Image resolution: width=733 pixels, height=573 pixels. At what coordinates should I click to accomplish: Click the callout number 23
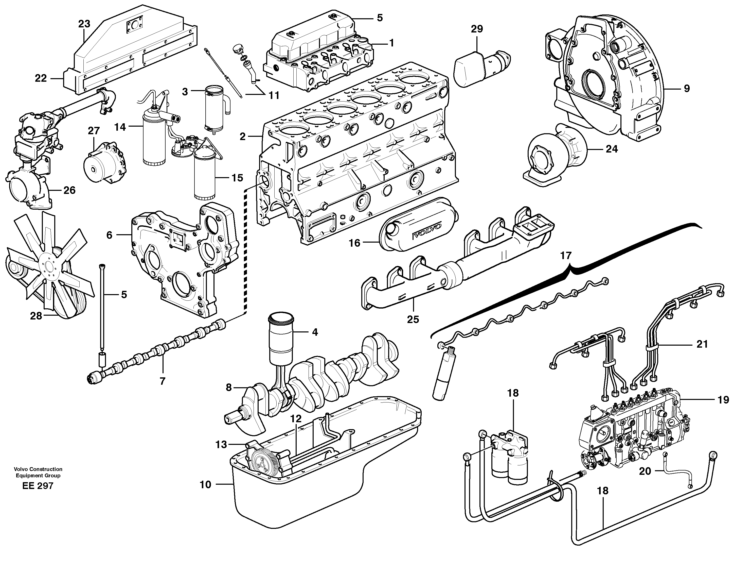84,24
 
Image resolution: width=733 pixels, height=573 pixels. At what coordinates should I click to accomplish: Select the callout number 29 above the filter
477,29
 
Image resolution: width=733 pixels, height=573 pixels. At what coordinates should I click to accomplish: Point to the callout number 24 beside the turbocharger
612,149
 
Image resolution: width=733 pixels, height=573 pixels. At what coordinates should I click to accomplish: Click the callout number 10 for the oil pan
205,485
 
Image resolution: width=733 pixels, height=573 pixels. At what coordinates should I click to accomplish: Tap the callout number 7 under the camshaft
163,381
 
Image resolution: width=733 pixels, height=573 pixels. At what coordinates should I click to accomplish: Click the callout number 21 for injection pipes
702,344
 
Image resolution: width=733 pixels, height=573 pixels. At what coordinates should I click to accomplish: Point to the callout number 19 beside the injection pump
723,400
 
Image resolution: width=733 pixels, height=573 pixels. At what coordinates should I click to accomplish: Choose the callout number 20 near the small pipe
645,471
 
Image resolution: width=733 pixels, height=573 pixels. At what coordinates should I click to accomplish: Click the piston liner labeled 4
281,339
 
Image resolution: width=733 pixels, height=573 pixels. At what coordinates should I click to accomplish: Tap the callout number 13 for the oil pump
221,445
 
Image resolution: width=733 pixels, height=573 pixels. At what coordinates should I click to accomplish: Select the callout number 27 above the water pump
94,131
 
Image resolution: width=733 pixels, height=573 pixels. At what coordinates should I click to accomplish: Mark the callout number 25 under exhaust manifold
413,319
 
